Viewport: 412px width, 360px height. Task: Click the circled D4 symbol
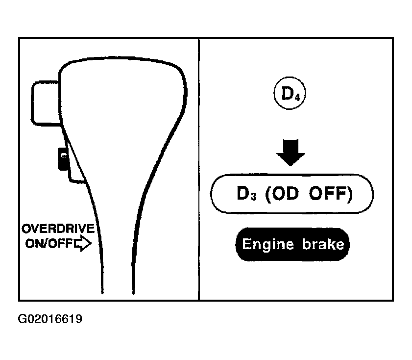tap(290, 93)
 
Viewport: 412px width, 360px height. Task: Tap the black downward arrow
tap(291, 153)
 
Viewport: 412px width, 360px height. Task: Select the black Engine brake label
tap(292, 244)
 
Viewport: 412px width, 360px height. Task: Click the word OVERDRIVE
tap(58, 229)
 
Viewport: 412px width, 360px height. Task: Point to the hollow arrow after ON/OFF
tap(82, 244)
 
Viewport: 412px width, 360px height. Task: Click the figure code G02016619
tap(50, 319)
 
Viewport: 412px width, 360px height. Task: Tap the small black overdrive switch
tap(63, 159)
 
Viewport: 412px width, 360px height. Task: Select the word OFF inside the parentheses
tap(328, 193)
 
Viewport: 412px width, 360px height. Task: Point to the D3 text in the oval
tap(246, 194)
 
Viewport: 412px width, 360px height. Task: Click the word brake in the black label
tap(323, 244)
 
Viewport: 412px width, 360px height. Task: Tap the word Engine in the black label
tap(267, 245)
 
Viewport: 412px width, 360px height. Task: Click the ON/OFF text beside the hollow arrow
tap(49, 243)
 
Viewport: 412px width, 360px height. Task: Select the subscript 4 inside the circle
tap(297, 98)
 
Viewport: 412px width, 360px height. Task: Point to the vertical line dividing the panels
tap(199, 169)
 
